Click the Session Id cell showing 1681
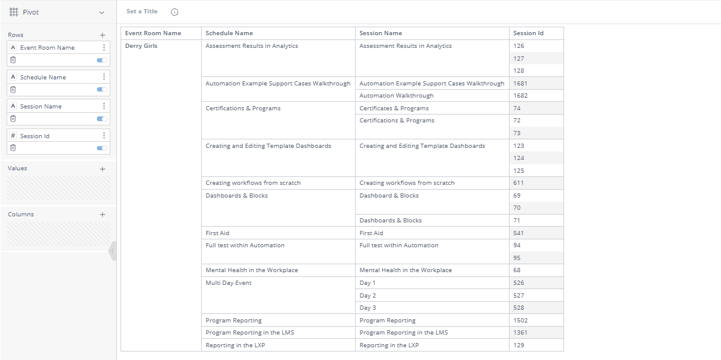(520, 84)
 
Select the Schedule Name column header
(229, 33)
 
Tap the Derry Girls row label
(141, 46)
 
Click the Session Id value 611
(518, 183)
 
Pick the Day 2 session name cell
(368, 296)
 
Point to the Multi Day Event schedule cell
(228, 283)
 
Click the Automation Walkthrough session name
(396, 96)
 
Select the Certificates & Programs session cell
(394, 108)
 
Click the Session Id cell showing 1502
(520, 321)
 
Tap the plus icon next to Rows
(102, 35)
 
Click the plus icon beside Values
(102, 169)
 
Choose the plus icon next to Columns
(102, 215)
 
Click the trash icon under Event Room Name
(13, 60)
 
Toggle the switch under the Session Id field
(102, 148)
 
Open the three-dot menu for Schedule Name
(104, 77)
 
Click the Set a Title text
(142, 12)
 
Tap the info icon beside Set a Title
(174, 12)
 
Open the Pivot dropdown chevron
(102, 12)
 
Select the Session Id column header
(528, 33)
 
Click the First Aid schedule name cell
(218, 233)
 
